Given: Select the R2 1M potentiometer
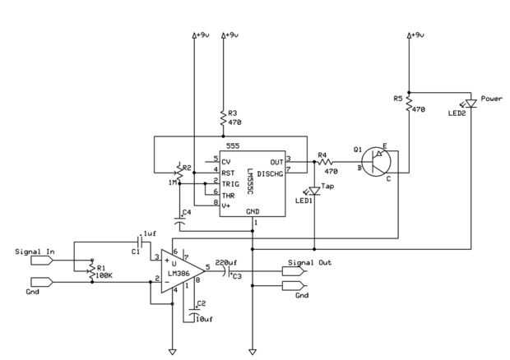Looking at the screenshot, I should tap(178, 172).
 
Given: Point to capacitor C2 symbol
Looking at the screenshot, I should tap(194, 311).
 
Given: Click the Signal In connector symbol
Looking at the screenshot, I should tap(42, 261).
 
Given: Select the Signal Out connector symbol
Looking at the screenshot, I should tap(291, 270).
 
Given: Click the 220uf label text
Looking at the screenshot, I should tap(225, 263).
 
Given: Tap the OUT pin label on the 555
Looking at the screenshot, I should tap(276, 162).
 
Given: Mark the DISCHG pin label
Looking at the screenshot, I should tap(270, 173).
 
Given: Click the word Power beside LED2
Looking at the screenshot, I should tap(491, 99).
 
